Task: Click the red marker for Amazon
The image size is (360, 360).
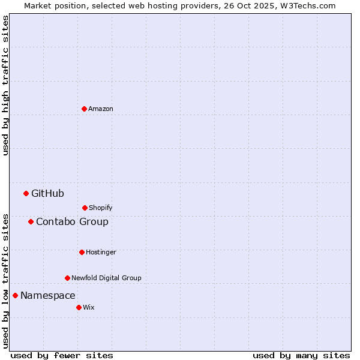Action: coord(84,109)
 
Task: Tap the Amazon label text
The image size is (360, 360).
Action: coord(100,109)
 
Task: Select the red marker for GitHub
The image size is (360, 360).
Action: coord(26,193)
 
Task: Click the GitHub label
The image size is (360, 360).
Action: coord(47,193)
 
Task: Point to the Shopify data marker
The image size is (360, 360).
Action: coord(85,208)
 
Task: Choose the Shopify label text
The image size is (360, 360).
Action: coord(100,208)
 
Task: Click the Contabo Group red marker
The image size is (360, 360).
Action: coord(31,221)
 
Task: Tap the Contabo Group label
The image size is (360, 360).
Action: coord(72,222)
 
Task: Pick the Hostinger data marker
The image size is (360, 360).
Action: coord(82,252)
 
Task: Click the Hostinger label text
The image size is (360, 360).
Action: coord(101,252)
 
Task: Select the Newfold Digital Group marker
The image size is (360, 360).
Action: coord(67,278)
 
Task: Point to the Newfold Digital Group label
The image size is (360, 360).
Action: coord(106,278)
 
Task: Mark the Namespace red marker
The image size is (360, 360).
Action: coord(15,295)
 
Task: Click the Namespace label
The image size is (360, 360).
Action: coord(47,296)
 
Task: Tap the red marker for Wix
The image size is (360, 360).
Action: coord(79,307)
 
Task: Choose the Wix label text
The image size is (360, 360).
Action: coord(88,307)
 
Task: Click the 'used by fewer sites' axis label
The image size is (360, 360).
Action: coord(62,355)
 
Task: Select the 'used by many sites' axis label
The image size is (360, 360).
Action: coord(301,355)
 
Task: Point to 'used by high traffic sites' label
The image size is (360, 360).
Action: coord(5,85)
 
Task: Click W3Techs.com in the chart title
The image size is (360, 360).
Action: coord(307,5)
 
